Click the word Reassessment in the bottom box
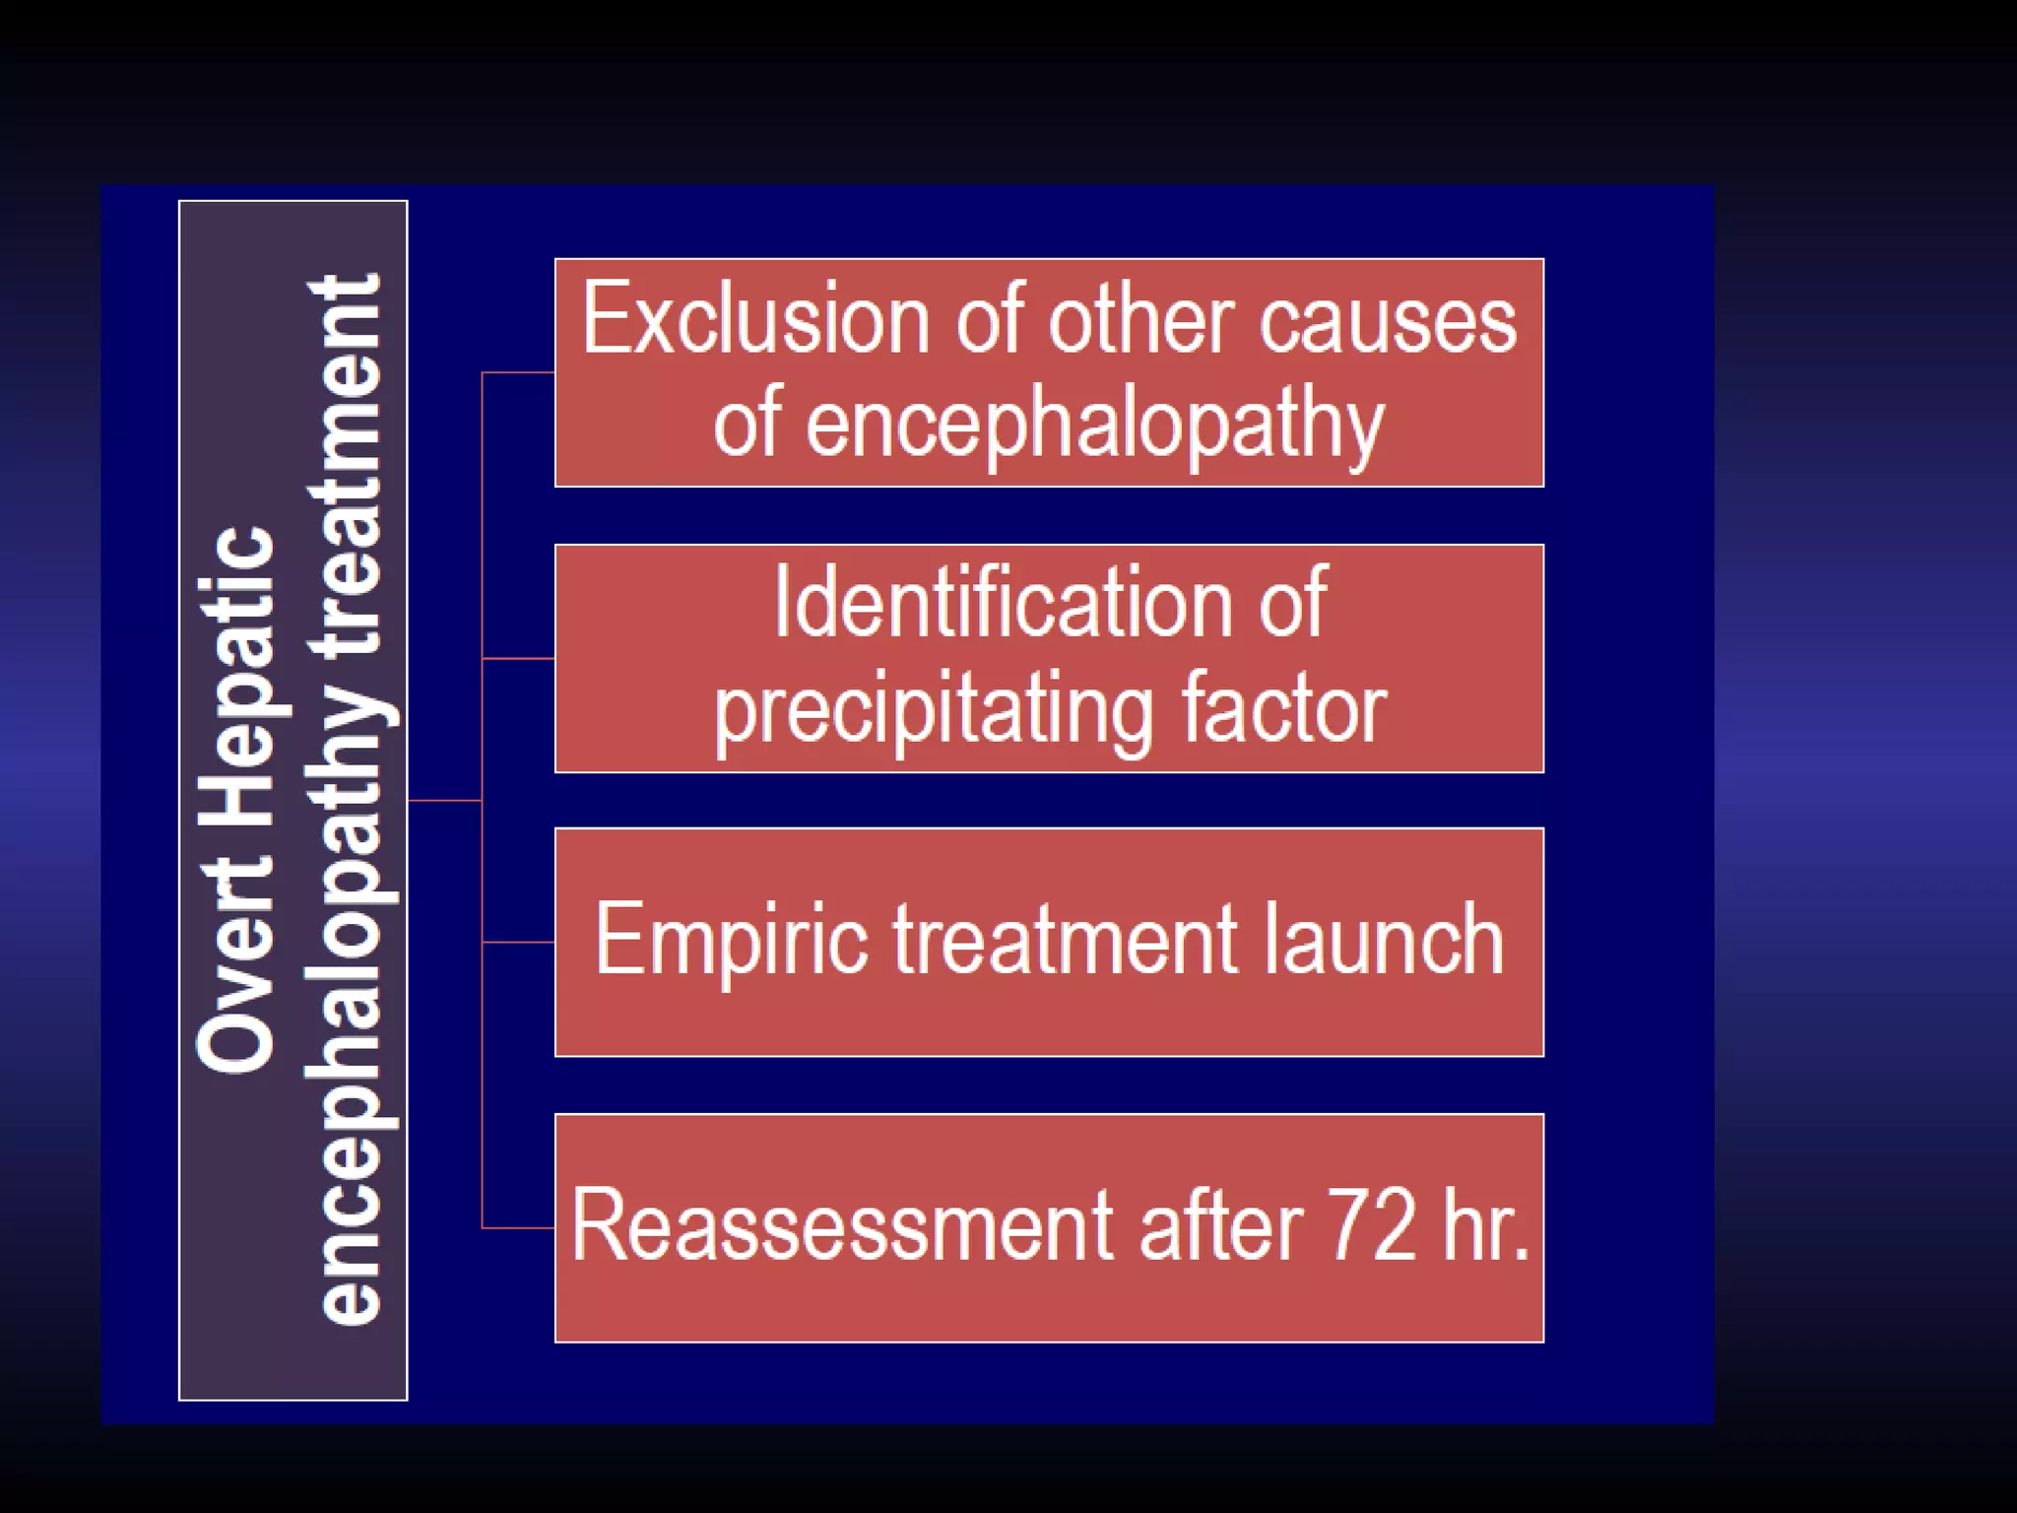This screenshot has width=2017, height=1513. pyautogui.click(x=843, y=1225)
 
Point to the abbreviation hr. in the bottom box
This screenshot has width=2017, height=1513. pyautogui.click(x=1487, y=1225)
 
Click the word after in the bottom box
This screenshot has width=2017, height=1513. pyautogui.click(x=1221, y=1225)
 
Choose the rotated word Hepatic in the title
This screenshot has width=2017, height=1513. pyautogui.click(x=236, y=680)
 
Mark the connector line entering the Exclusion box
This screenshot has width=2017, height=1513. pyautogui.click(x=518, y=373)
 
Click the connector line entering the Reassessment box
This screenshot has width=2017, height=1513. pyautogui.click(x=518, y=1228)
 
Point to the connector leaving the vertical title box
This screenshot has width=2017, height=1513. pyautogui.click(x=444, y=801)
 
